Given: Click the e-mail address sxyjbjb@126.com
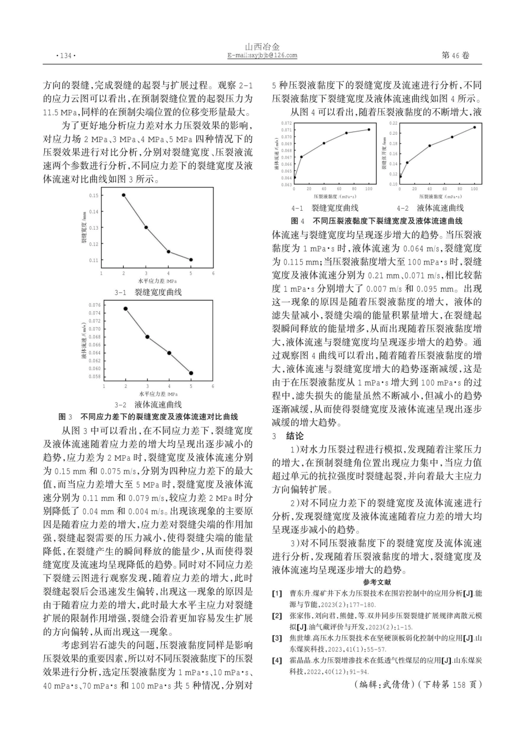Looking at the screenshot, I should (x=262, y=55).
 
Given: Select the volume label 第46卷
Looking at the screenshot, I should (x=455, y=55).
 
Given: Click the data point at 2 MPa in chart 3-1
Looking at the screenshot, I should (x=123, y=195).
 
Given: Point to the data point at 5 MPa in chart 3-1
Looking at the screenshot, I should (x=191, y=260).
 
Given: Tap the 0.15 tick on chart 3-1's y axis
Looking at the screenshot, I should (x=94, y=195).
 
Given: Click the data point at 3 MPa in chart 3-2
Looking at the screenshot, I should (x=147, y=337).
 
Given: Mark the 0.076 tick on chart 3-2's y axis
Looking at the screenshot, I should (x=94, y=305).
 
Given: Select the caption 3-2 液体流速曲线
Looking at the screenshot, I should (x=148, y=405).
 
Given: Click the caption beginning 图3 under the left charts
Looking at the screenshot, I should (x=148, y=417).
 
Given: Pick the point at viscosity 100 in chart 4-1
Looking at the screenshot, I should (x=369, y=130).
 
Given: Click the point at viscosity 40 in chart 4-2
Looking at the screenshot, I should (x=430, y=145).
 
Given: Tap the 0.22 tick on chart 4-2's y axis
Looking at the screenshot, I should (x=393, y=123).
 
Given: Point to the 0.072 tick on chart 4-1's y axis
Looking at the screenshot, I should (x=286, y=123).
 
